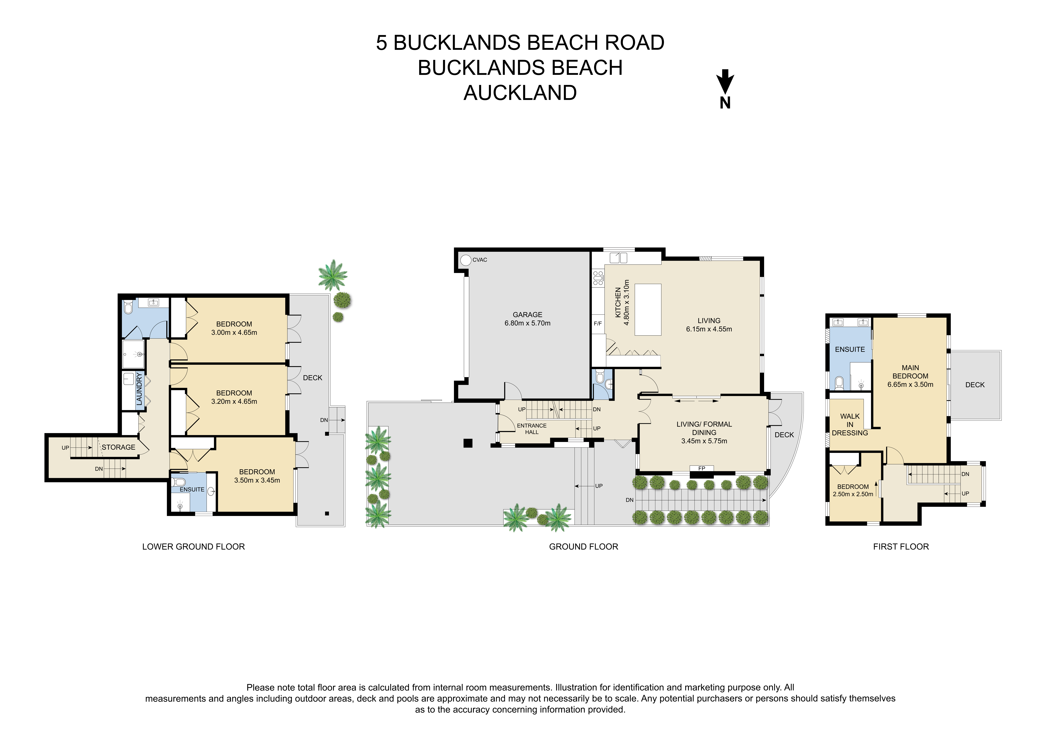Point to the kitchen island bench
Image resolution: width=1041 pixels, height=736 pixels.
[648, 310]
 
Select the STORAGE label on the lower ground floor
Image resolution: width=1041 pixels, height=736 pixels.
[118, 447]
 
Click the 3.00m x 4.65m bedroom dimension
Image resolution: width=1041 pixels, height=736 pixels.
[234, 332]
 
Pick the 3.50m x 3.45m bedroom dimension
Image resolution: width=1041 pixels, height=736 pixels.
[257, 480]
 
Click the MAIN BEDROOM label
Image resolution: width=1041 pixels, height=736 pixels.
[910, 372]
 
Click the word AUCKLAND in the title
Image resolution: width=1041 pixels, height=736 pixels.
[520, 93]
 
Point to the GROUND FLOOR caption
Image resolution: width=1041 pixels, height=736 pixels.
[583, 547]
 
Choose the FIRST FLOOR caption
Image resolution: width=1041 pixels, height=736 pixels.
[901, 547]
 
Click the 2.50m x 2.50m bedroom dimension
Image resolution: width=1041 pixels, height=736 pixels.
[853, 494]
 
